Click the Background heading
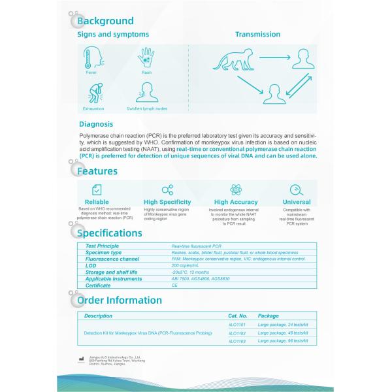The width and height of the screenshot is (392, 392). pos(105,21)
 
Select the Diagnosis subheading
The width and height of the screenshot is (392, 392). pos(96,123)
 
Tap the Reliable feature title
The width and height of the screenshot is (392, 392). pos(96,203)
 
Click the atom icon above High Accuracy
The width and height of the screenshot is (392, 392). pos(236,189)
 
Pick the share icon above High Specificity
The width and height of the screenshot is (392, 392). pos(167,189)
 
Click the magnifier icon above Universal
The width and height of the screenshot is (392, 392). pos(296,189)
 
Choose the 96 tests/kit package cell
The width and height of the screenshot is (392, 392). pos(282,341)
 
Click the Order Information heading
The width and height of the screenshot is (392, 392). pos(120,300)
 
